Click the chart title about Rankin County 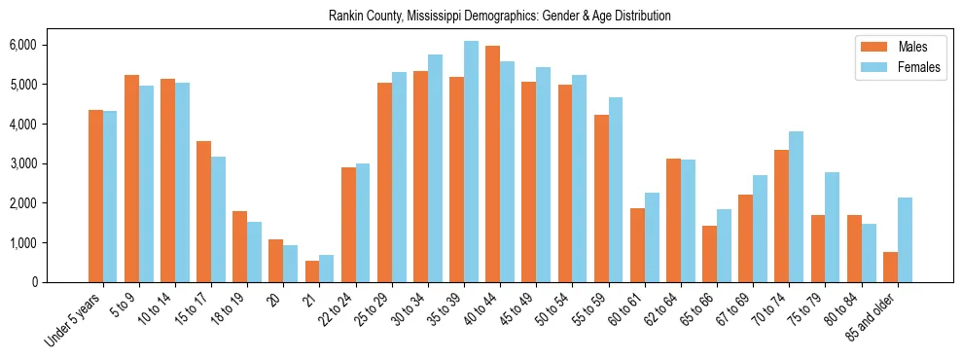499,17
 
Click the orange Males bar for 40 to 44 493,163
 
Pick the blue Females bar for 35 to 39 471,162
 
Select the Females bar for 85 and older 905,239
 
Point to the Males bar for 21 312,271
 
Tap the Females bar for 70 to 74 797,206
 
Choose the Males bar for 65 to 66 710,254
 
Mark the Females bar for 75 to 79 833,227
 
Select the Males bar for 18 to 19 240,246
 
